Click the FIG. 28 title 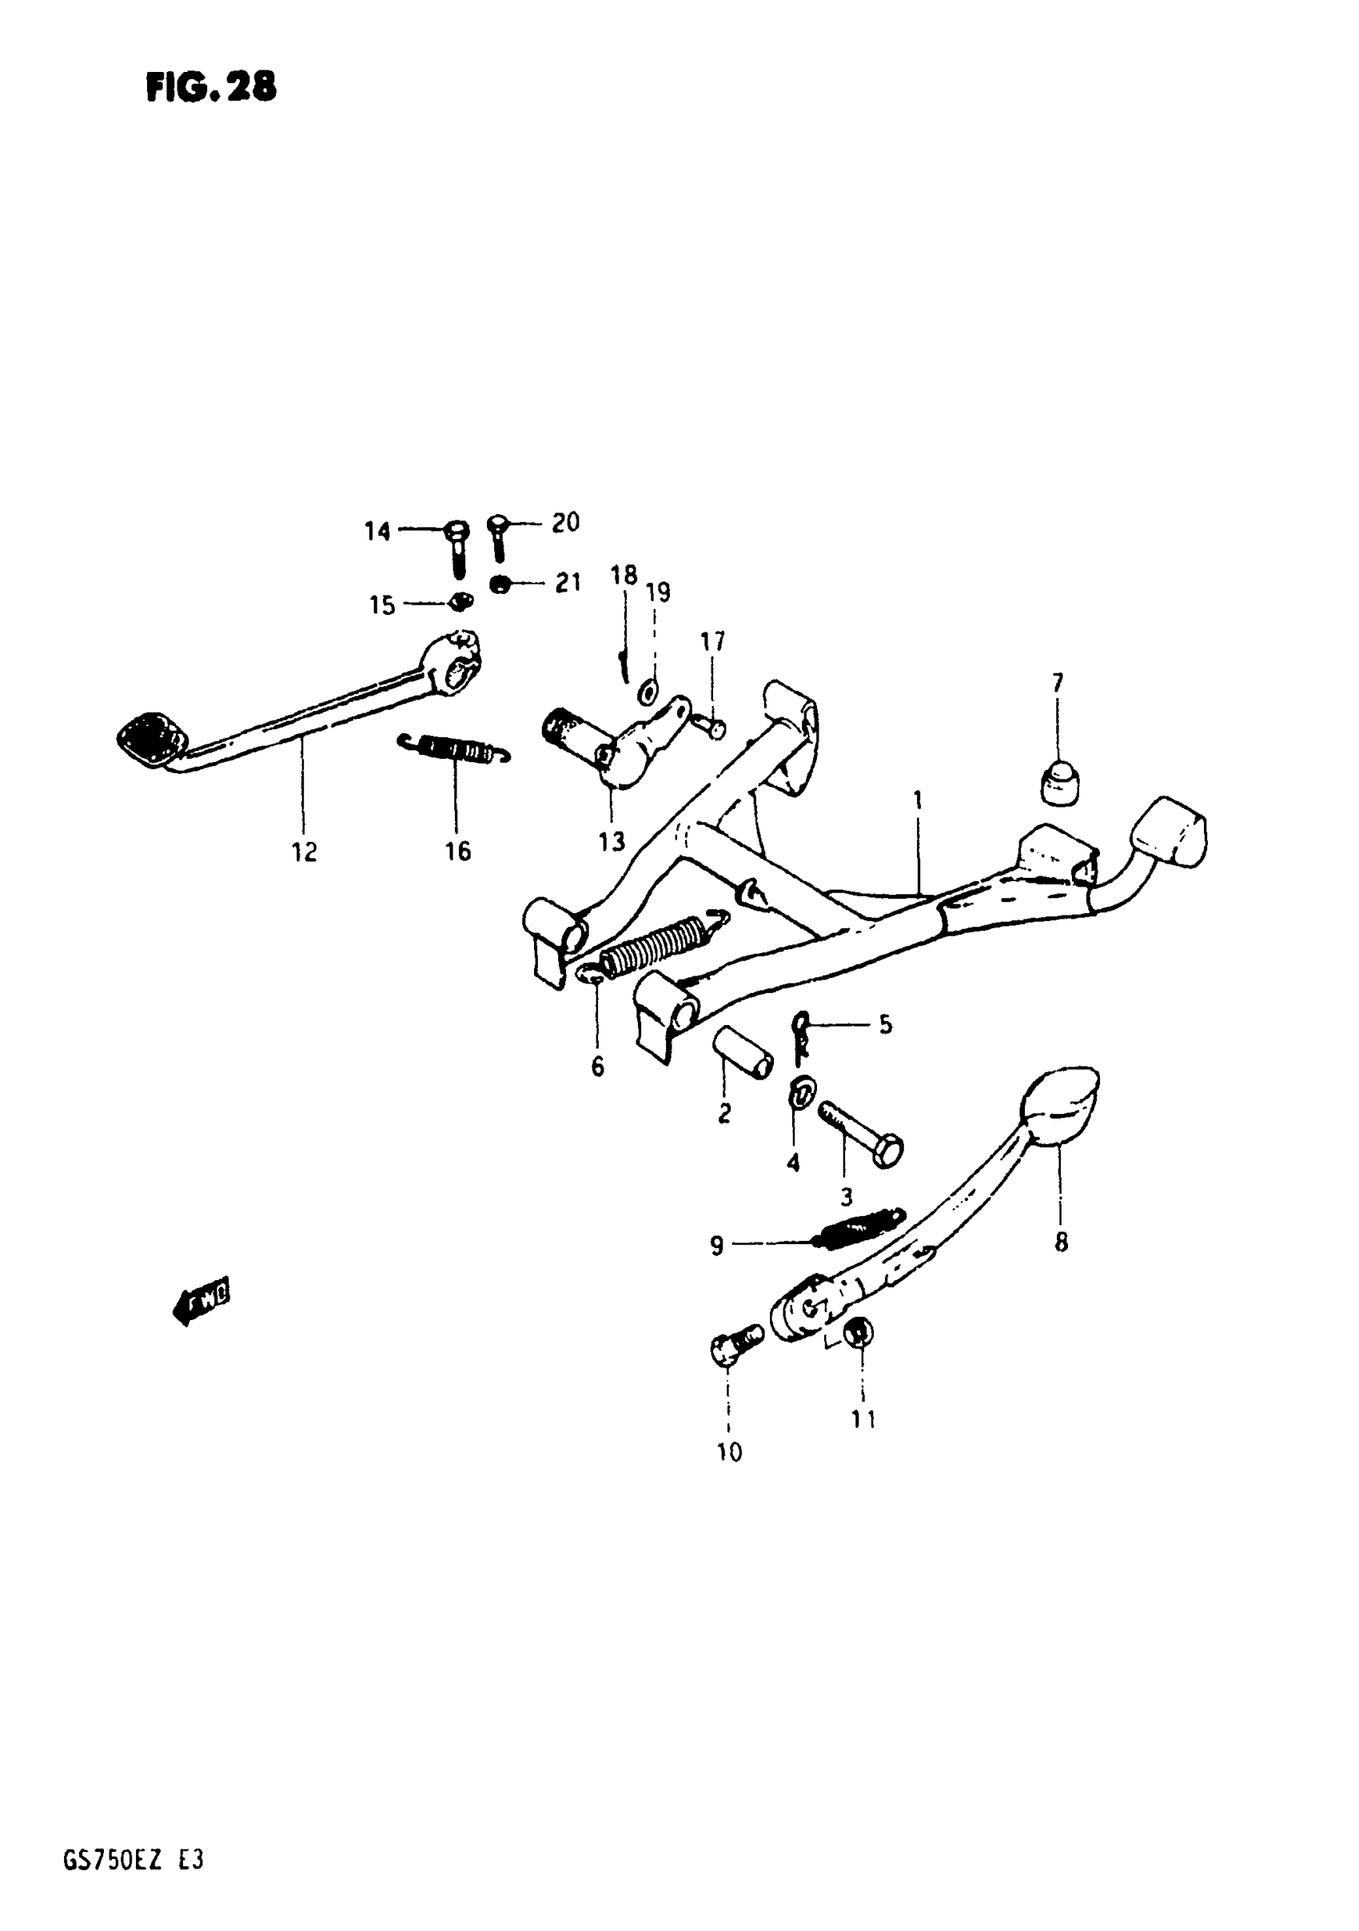[x=211, y=86]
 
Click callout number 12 [x=305, y=852]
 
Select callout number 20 [x=566, y=522]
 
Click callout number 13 [x=612, y=841]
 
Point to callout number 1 [x=919, y=799]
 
